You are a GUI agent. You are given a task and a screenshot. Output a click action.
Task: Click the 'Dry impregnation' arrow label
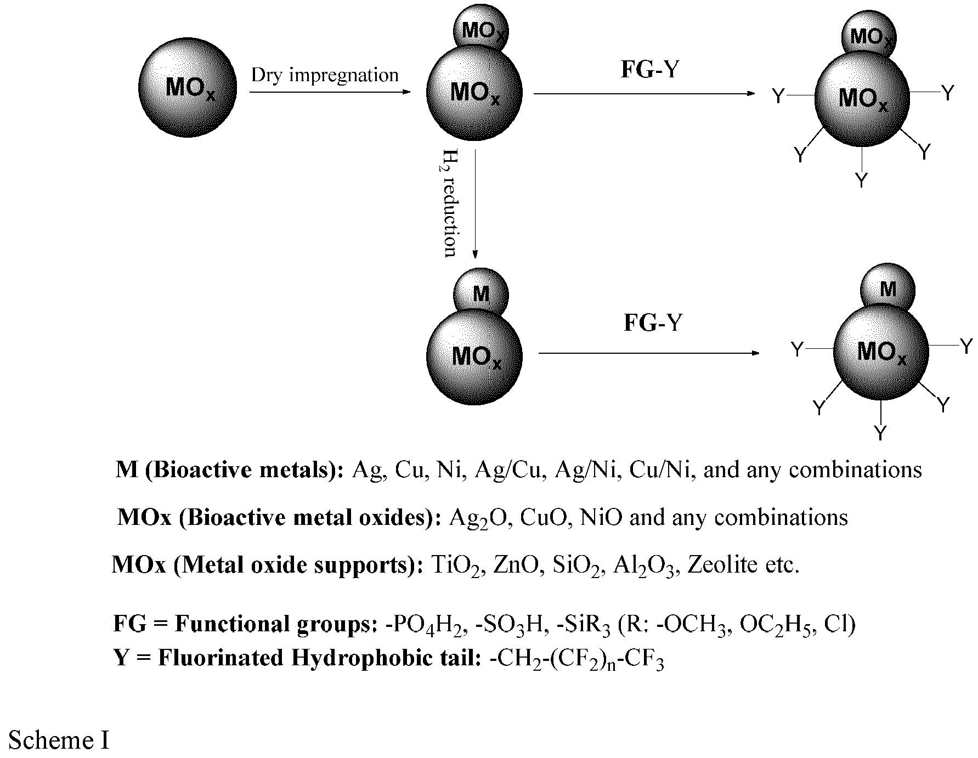coord(325,75)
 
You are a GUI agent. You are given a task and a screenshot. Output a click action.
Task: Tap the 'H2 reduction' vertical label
coord(450,203)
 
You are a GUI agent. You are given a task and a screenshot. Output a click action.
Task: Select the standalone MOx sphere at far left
coord(188,88)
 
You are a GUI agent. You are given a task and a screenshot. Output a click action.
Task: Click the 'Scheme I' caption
coord(59,740)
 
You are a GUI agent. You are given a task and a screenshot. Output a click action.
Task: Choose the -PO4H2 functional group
coord(426,625)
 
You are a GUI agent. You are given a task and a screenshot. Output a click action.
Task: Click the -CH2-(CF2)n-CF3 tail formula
coord(576,659)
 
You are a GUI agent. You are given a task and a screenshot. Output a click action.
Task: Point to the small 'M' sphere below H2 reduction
coord(480,295)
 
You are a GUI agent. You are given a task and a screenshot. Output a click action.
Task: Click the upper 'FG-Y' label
coord(649,69)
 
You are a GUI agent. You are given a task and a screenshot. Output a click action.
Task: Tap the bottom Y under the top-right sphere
coord(862,179)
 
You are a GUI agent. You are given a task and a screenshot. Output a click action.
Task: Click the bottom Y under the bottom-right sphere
coord(880,433)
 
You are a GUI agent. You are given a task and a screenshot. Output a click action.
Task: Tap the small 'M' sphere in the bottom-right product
coord(887,289)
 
